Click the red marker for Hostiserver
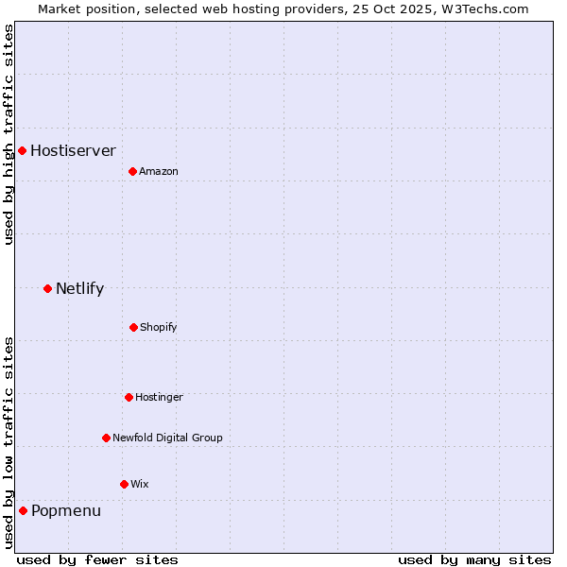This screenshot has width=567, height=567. (22, 150)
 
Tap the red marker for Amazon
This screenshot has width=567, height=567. (132, 171)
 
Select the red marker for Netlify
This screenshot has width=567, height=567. (47, 288)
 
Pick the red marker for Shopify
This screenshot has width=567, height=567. (133, 327)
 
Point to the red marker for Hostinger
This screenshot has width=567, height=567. (129, 397)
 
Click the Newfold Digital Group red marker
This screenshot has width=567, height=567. (106, 438)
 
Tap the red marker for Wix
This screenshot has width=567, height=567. (124, 484)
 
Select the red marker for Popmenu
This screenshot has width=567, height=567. (23, 510)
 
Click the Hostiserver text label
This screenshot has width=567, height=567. (73, 150)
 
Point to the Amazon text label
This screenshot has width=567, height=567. (159, 171)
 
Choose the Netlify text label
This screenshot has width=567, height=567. (79, 288)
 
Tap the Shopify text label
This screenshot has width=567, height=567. (159, 327)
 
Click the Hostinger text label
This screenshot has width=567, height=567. (159, 397)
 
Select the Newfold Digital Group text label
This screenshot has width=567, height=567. (167, 438)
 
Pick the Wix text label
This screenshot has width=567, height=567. (140, 484)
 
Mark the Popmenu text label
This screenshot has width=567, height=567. (66, 510)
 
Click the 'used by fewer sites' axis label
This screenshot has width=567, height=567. (97, 559)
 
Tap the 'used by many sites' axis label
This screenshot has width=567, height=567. (474, 559)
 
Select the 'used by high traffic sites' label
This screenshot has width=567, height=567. (9, 134)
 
